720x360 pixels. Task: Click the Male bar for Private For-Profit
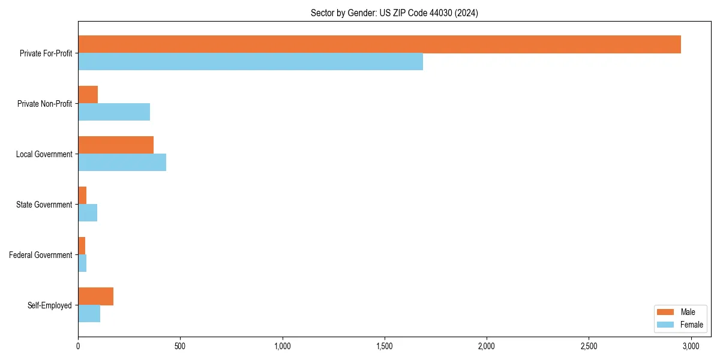[379, 44]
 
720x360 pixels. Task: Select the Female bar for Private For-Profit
[250, 62]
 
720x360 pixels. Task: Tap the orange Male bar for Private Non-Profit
[88, 95]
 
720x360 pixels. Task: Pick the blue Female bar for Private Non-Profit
[114, 112]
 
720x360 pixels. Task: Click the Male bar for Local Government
[116, 145]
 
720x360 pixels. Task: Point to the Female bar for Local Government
[122, 163]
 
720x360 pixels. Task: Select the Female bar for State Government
[88, 213]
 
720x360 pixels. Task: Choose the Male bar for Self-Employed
[95, 296]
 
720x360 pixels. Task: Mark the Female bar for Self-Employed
[89, 314]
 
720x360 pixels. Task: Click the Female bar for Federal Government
[82, 263]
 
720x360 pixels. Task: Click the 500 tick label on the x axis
[180, 346]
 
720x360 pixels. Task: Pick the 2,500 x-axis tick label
[589, 346]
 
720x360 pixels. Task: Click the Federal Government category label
[41, 255]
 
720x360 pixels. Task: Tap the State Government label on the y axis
[44, 205]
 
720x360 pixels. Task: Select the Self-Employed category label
[50, 305]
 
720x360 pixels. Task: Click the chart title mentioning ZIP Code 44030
[394, 13]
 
